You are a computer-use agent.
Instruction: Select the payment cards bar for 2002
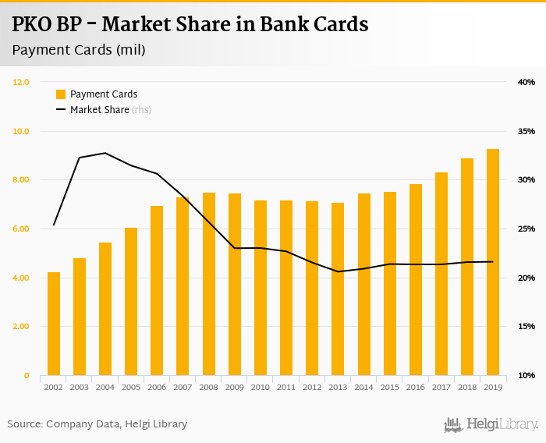click(x=54, y=324)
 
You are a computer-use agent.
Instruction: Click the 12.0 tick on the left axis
click(x=21, y=82)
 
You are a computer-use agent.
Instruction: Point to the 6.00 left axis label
click(x=21, y=229)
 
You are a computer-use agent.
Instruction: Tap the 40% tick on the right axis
click(x=526, y=82)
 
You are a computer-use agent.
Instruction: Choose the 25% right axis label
click(x=526, y=229)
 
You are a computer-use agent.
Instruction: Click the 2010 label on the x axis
click(x=261, y=387)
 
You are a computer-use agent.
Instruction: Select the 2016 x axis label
click(x=416, y=387)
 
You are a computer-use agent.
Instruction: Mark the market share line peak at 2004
click(x=105, y=153)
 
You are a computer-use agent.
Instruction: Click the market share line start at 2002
click(x=54, y=225)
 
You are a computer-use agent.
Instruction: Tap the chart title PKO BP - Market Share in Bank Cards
click(x=190, y=24)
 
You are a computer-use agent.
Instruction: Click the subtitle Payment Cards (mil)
click(x=79, y=50)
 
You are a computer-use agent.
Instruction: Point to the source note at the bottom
click(x=97, y=424)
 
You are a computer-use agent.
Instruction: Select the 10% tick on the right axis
click(x=526, y=376)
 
